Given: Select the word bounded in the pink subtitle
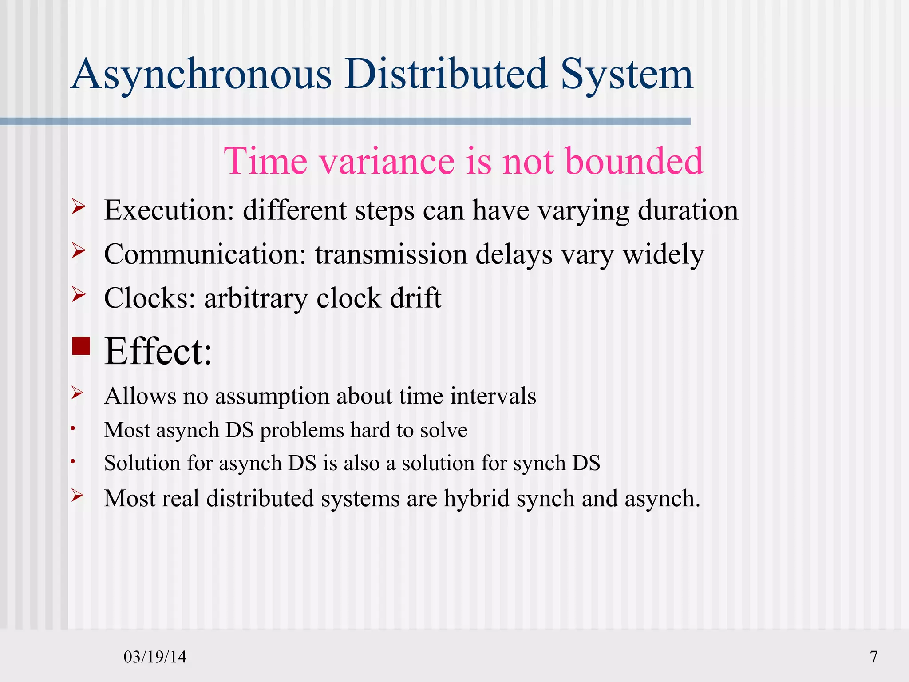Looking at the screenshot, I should point(634,161).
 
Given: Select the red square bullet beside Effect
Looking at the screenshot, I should point(81,346).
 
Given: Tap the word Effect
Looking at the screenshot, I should point(158,352).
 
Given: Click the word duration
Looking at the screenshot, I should point(688,210).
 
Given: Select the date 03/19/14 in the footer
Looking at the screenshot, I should point(155,657).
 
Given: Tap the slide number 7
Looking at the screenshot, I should point(873,657).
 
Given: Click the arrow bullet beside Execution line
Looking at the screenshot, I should point(78,207).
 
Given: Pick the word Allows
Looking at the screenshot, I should point(140,396).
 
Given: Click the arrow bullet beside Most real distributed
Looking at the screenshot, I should point(78,495).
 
